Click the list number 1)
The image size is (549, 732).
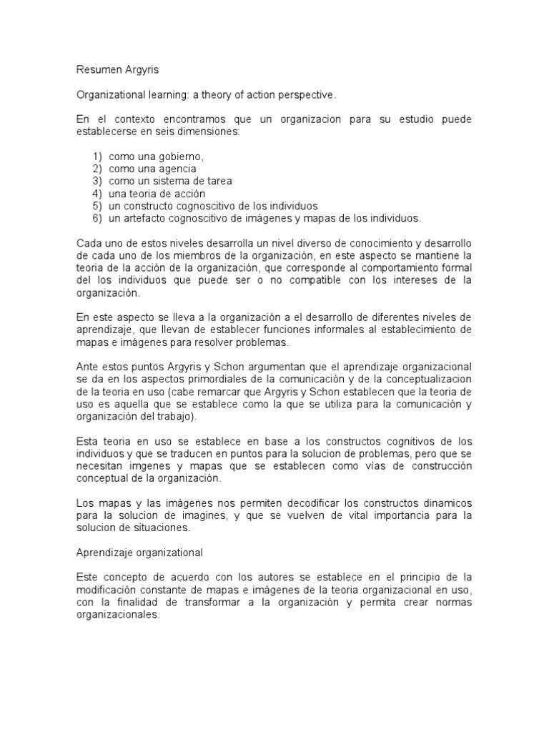(x=97, y=157)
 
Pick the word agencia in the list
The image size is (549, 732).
(x=177, y=169)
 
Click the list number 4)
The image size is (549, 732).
(x=97, y=194)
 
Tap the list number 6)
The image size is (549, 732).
(x=97, y=218)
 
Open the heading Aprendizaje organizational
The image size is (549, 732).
(x=139, y=553)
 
